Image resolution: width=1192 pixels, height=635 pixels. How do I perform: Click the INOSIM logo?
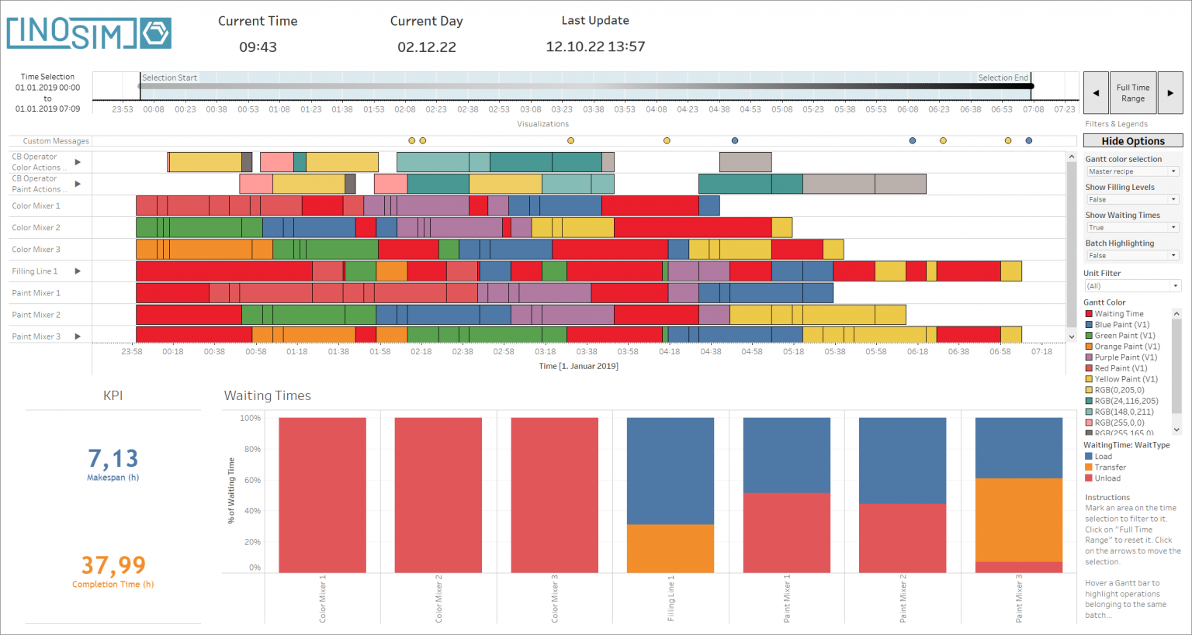pyautogui.click(x=88, y=33)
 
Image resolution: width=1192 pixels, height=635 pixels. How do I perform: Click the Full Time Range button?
pyautogui.click(x=1133, y=93)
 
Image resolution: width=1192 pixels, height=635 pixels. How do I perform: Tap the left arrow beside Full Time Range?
pyautogui.click(x=1096, y=93)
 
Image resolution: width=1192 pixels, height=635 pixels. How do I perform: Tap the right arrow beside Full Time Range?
pyautogui.click(x=1169, y=93)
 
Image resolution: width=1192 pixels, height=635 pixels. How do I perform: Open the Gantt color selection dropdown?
pyautogui.click(x=1132, y=171)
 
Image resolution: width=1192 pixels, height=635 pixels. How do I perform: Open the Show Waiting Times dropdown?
pyautogui.click(x=1132, y=227)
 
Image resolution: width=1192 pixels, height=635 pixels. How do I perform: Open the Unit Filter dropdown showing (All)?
pyautogui.click(x=1132, y=286)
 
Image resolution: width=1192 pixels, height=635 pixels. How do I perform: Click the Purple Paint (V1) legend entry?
pyautogui.click(x=1125, y=357)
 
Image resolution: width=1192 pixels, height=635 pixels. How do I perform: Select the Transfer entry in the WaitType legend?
pyautogui.click(x=1110, y=468)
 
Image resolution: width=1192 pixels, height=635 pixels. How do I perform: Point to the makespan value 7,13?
pyautogui.click(x=113, y=458)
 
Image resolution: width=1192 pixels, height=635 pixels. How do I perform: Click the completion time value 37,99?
pyautogui.click(x=113, y=565)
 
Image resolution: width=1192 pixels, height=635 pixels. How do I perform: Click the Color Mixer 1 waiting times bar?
pyautogui.click(x=322, y=495)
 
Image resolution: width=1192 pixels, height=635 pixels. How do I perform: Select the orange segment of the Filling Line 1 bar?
pyautogui.click(x=670, y=548)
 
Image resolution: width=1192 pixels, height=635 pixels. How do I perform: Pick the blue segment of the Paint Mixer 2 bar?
pyautogui.click(x=903, y=461)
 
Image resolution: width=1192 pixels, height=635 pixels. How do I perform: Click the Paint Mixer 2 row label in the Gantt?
pyautogui.click(x=36, y=315)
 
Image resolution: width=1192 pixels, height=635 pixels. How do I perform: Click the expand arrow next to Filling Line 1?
pyautogui.click(x=78, y=271)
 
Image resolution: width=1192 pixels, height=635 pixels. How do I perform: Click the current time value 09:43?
pyautogui.click(x=258, y=47)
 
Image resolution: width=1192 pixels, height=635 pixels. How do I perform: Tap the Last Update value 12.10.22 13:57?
pyautogui.click(x=595, y=47)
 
